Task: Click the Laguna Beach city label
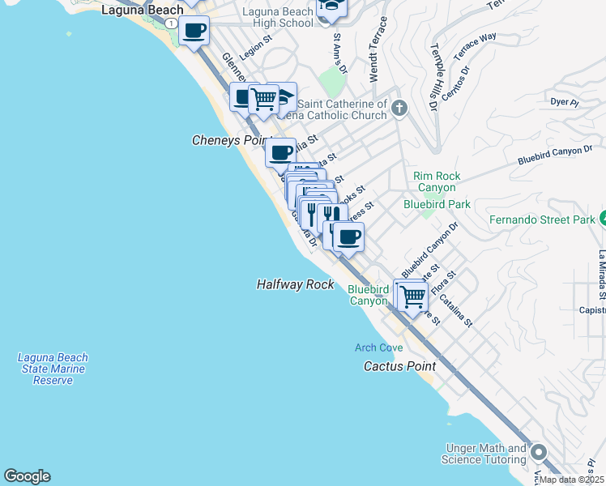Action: (142, 10)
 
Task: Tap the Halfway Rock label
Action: (296, 284)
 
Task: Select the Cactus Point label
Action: (399, 366)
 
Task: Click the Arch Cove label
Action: (378, 347)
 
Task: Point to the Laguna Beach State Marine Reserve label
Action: (53, 369)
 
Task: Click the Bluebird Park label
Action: (437, 204)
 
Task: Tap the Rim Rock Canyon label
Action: (437, 181)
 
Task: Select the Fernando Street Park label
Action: (542, 220)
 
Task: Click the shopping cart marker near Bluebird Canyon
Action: (413, 296)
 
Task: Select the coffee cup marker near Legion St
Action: (194, 32)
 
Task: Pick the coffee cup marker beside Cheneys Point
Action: (281, 151)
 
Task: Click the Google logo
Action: (27, 476)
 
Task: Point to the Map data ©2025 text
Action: (571, 480)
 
